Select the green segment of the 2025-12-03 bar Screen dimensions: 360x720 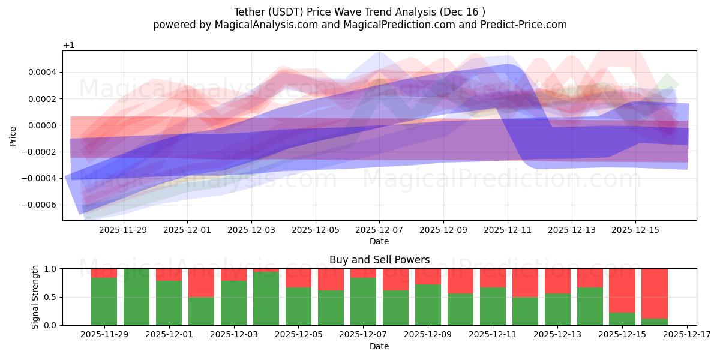[x=233, y=303]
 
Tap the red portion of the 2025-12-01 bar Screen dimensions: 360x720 [x=169, y=275]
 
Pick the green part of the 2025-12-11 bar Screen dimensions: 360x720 [x=493, y=306]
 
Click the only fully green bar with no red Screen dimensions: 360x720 [x=136, y=297]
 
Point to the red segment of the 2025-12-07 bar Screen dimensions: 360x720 [x=363, y=273]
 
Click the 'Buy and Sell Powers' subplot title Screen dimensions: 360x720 [x=379, y=260]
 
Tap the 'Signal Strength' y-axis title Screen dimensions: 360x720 [x=35, y=296]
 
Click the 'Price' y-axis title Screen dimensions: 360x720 [x=13, y=136]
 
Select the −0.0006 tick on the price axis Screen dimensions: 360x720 [x=41, y=205]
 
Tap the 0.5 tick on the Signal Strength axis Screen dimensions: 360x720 [x=50, y=297]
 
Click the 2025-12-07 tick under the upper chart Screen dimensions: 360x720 [x=379, y=229]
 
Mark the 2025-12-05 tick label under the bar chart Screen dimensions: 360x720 [x=298, y=334]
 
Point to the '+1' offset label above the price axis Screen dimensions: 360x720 [x=68, y=46]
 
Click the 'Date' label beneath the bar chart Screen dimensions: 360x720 [x=379, y=346]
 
